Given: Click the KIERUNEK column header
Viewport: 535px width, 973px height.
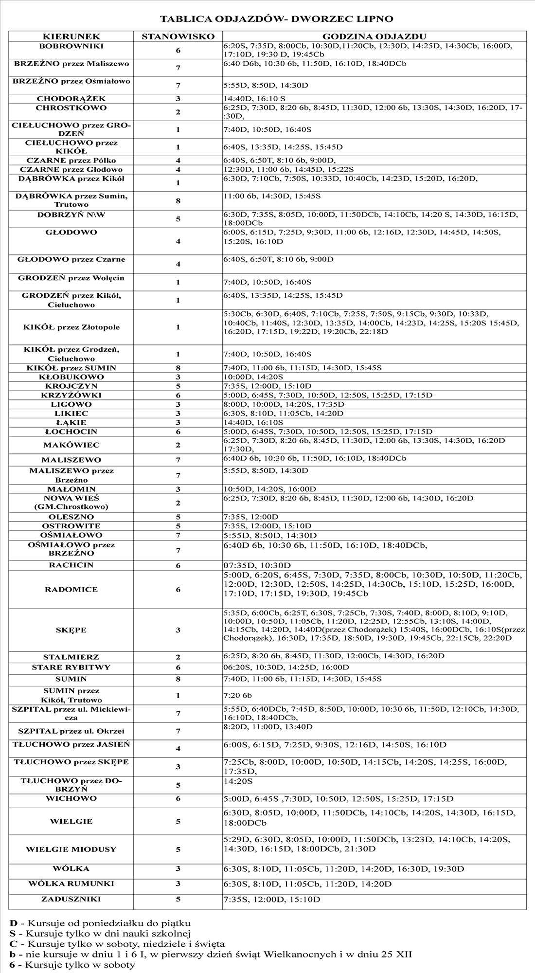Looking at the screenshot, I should [x=71, y=36].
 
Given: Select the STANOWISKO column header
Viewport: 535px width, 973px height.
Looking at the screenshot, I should [x=178, y=36].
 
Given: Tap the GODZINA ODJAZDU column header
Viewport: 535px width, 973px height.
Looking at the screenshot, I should [x=374, y=36].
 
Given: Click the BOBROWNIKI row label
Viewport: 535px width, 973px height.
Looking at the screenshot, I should [x=71, y=46].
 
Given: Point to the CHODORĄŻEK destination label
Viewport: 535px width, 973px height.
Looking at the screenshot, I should [x=71, y=99].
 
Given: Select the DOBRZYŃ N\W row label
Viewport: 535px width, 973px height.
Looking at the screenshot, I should [x=71, y=215].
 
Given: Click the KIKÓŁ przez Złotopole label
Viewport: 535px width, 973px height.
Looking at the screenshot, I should [x=71, y=327].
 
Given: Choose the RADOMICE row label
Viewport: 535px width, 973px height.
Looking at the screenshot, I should [x=71, y=589].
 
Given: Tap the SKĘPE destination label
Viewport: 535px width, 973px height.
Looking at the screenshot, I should [x=71, y=630].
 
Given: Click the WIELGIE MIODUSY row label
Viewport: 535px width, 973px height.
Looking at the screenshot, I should [x=71, y=849].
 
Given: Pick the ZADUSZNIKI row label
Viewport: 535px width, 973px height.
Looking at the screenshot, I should [x=71, y=899].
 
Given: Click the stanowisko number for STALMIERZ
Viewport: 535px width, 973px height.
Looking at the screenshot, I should [x=178, y=657].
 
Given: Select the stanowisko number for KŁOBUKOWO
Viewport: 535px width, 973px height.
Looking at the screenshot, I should [x=178, y=377].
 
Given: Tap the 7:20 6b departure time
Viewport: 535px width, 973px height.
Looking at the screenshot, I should [x=238, y=695].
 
